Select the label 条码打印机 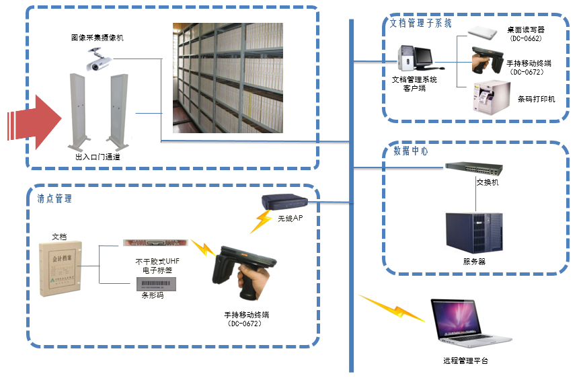pos(536,100)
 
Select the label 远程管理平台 pos(465,361)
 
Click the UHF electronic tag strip pos(154,243)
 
